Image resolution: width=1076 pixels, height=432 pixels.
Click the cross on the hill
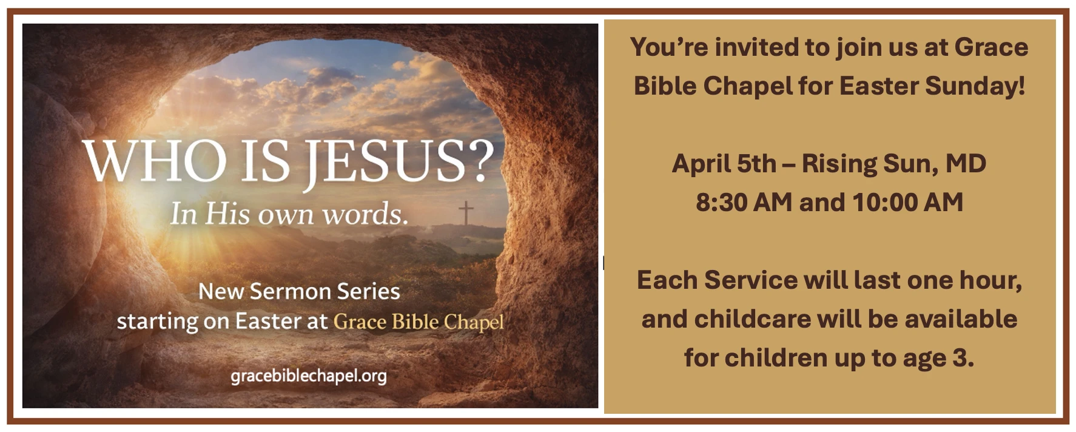click(x=466, y=213)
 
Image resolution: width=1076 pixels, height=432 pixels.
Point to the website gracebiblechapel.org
click(x=308, y=376)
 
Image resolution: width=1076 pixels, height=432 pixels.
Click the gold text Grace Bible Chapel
click(x=419, y=322)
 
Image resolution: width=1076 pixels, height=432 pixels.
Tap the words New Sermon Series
click(x=299, y=292)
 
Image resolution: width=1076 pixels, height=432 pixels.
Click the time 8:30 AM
click(x=744, y=202)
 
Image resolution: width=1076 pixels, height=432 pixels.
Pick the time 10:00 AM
click(x=907, y=202)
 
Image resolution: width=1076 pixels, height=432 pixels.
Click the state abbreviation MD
click(x=966, y=164)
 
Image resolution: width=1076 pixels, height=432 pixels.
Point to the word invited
click(x=755, y=47)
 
